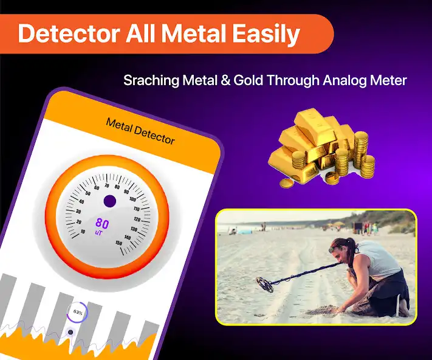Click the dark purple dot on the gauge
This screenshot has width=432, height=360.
coord(109,201)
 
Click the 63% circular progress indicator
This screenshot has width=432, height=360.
coord(78,311)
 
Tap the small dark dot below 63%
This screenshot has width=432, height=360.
coord(70,332)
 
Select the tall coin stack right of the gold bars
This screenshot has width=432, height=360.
coord(361,149)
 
